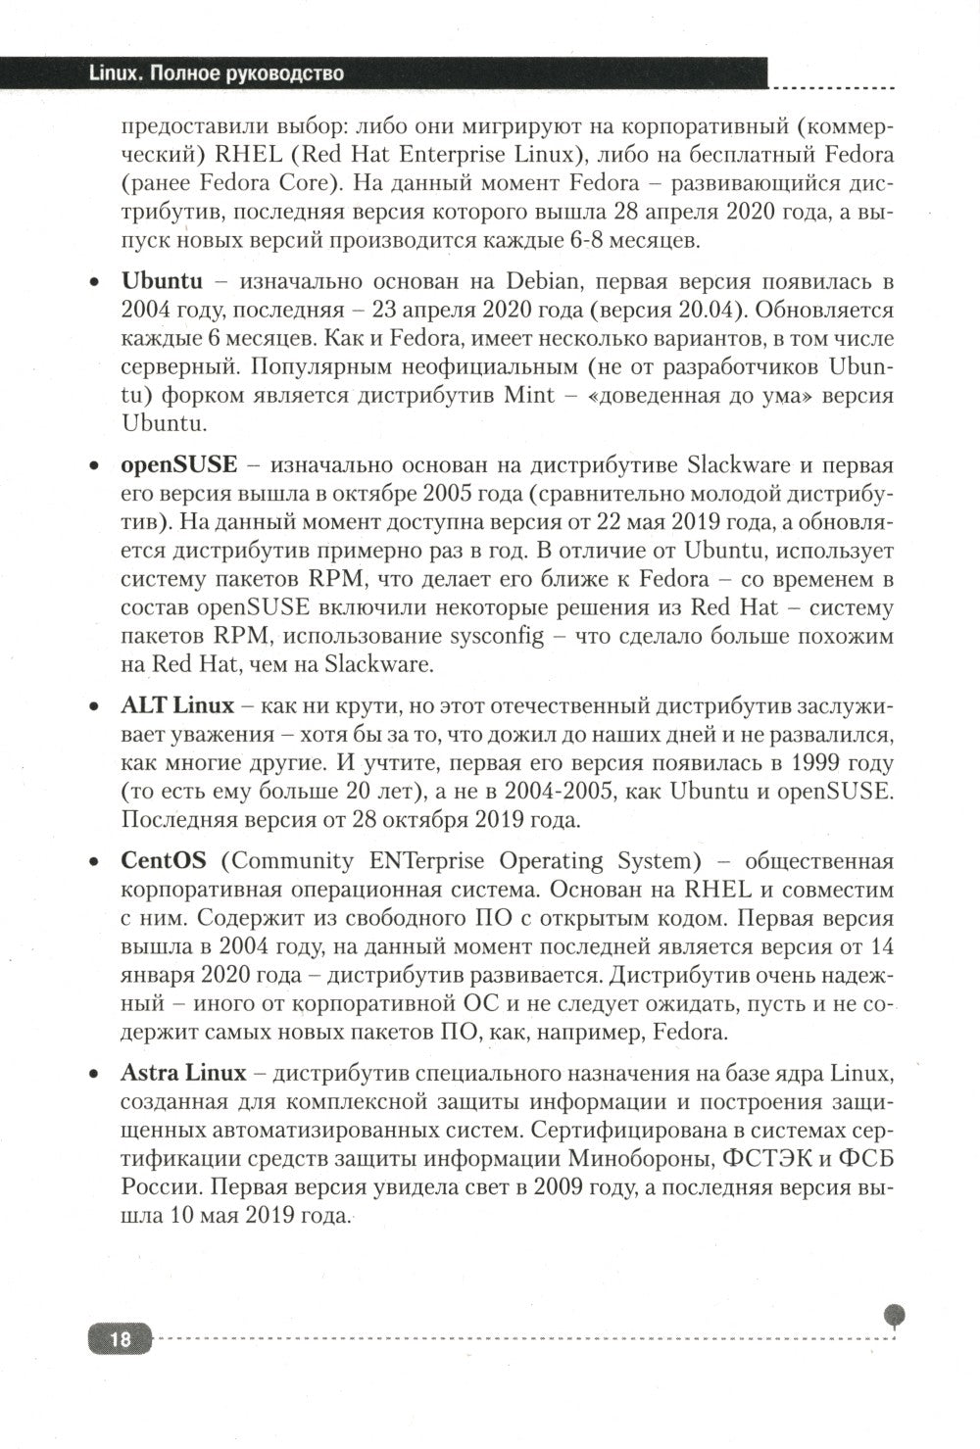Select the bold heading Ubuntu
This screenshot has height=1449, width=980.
pyautogui.click(x=162, y=281)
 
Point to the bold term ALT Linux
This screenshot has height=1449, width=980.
pyautogui.click(x=177, y=705)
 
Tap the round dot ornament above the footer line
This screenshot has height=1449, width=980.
pyautogui.click(x=894, y=1314)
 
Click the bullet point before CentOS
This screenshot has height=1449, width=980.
pyautogui.click(x=94, y=862)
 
